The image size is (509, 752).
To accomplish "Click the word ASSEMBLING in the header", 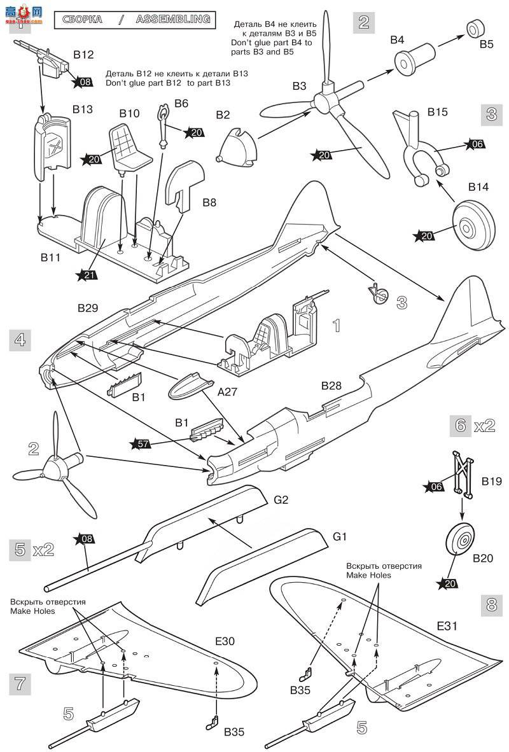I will click(172, 19).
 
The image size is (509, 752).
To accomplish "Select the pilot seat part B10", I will click(130, 145).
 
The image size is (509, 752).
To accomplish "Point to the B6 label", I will click(181, 103).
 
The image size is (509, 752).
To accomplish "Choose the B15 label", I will click(438, 112).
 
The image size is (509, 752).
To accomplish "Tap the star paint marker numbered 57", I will click(143, 443).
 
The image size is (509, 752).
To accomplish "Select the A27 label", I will click(227, 393).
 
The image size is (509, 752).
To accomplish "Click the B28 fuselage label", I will click(331, 386).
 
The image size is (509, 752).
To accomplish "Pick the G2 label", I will click(281, 499).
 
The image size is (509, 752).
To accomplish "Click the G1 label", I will click(340, 537).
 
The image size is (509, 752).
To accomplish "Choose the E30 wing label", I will click(224, 642).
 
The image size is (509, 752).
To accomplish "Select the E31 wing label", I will click(447, 626).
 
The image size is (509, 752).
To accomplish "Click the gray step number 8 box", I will click(491, 604).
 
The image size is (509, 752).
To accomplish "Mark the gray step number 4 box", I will click(20, 340).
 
